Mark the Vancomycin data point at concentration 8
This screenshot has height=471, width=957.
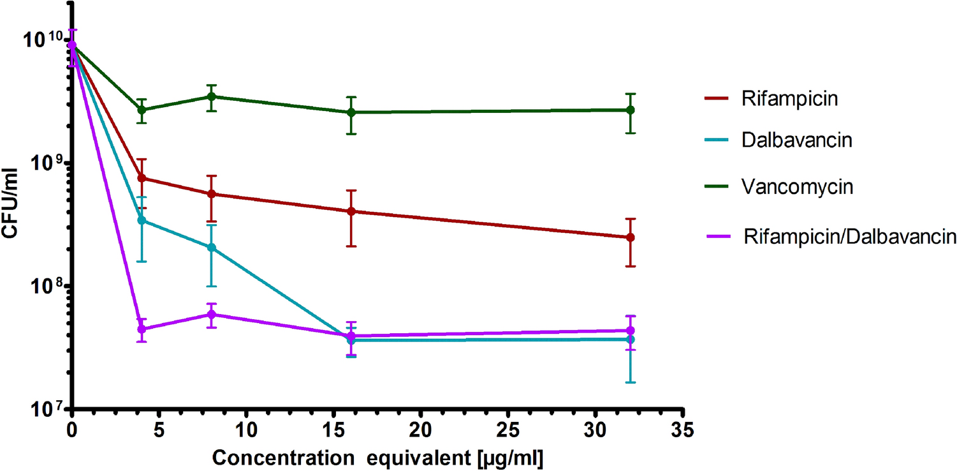click(212, 97)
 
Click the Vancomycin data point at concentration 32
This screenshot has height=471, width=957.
click(631, 110)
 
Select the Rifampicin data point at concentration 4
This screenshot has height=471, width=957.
click(142, 178)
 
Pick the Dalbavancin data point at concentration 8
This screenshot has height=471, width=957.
click(212, 248)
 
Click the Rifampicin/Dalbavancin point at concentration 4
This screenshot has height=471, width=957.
click(142, 329)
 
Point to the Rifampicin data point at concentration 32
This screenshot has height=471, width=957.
click(631, 237)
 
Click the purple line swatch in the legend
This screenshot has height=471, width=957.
click(720, 237)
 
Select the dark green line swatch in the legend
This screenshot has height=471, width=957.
click(720, 186)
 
